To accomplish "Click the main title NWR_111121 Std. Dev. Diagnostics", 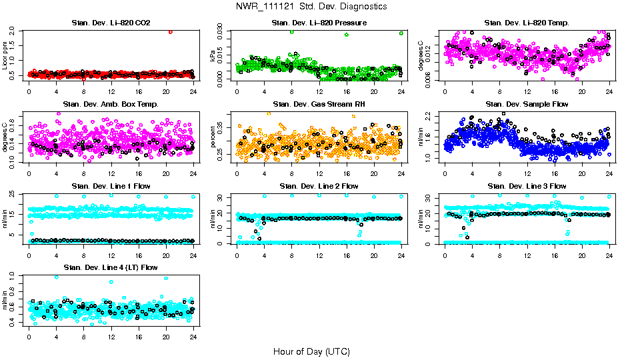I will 311,7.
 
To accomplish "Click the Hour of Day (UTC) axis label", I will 311,351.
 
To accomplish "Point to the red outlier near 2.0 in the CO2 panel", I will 171,31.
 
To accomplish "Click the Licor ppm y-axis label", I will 5,55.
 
